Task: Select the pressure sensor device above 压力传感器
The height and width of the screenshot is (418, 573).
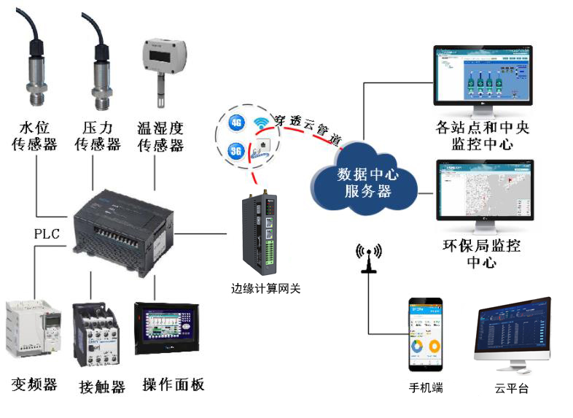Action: coord(100,80)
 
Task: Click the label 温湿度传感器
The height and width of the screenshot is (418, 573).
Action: coord(160,136)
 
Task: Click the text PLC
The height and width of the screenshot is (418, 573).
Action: coord(47,234)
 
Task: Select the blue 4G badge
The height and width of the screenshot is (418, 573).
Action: coord(236,123)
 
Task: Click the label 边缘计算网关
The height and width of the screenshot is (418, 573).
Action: coord(261,289)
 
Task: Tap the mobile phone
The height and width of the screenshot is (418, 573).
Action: coord(426,334)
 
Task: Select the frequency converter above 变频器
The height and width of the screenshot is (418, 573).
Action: coord(32,333)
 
